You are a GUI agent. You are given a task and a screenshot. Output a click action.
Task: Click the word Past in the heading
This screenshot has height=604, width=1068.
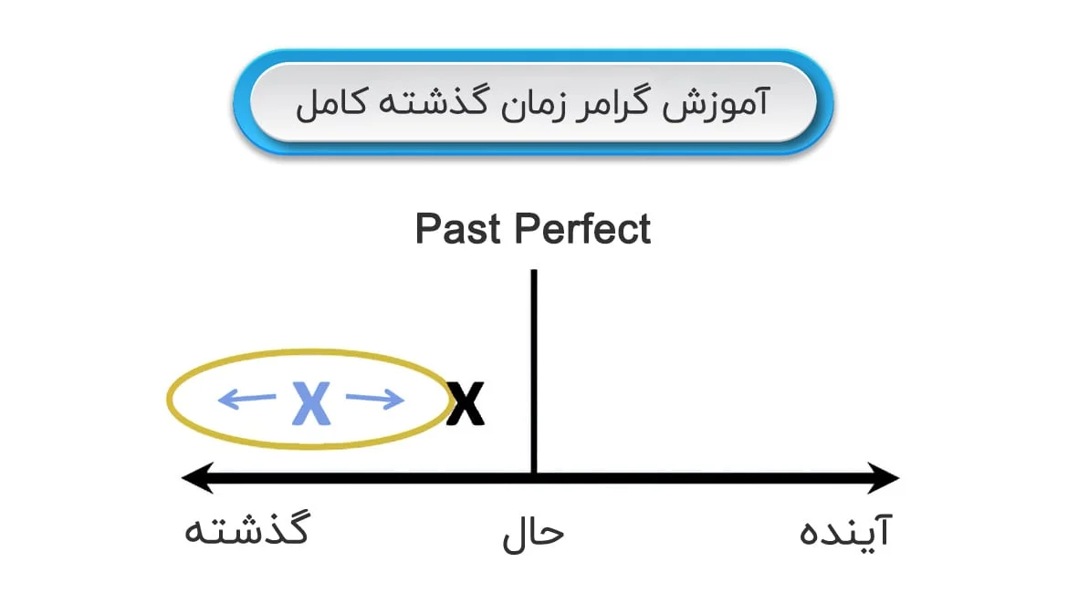[458, 229]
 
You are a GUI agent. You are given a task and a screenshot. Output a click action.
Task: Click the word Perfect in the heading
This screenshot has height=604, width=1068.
[583, 229]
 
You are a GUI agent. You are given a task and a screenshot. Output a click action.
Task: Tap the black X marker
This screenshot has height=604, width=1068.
[466, 403]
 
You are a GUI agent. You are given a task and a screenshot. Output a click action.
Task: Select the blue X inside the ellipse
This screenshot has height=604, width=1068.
[311, 403]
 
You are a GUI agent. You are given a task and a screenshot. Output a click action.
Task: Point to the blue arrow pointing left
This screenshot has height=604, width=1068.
[246, 399]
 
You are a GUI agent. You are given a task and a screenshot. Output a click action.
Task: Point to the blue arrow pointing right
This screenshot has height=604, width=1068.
[375, 399]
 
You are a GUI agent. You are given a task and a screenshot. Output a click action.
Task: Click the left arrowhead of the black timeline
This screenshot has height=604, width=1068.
[197, 477]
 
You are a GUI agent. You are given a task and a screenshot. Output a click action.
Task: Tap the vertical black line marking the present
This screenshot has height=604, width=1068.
[534, 371]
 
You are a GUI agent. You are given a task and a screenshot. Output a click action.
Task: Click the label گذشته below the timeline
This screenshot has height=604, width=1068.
[247, 528]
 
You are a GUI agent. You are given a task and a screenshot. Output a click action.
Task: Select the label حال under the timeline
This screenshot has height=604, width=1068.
[533, 534]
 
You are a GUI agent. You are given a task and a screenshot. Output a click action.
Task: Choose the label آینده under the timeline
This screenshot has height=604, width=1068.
[845, 530]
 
